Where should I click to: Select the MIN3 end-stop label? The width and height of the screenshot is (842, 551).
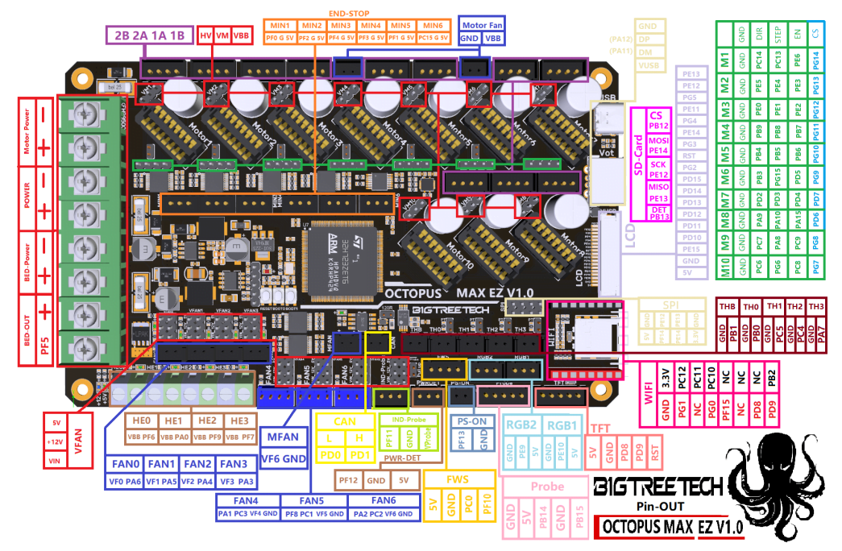[x=341, y=27]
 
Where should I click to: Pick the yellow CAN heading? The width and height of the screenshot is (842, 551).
[x=345, y=420]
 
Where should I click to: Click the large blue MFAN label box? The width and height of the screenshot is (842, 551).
[x=284, y=437]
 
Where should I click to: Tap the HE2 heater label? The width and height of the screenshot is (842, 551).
[x=207, y=420]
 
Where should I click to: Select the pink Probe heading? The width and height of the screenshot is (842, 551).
[x=547, y=487]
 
